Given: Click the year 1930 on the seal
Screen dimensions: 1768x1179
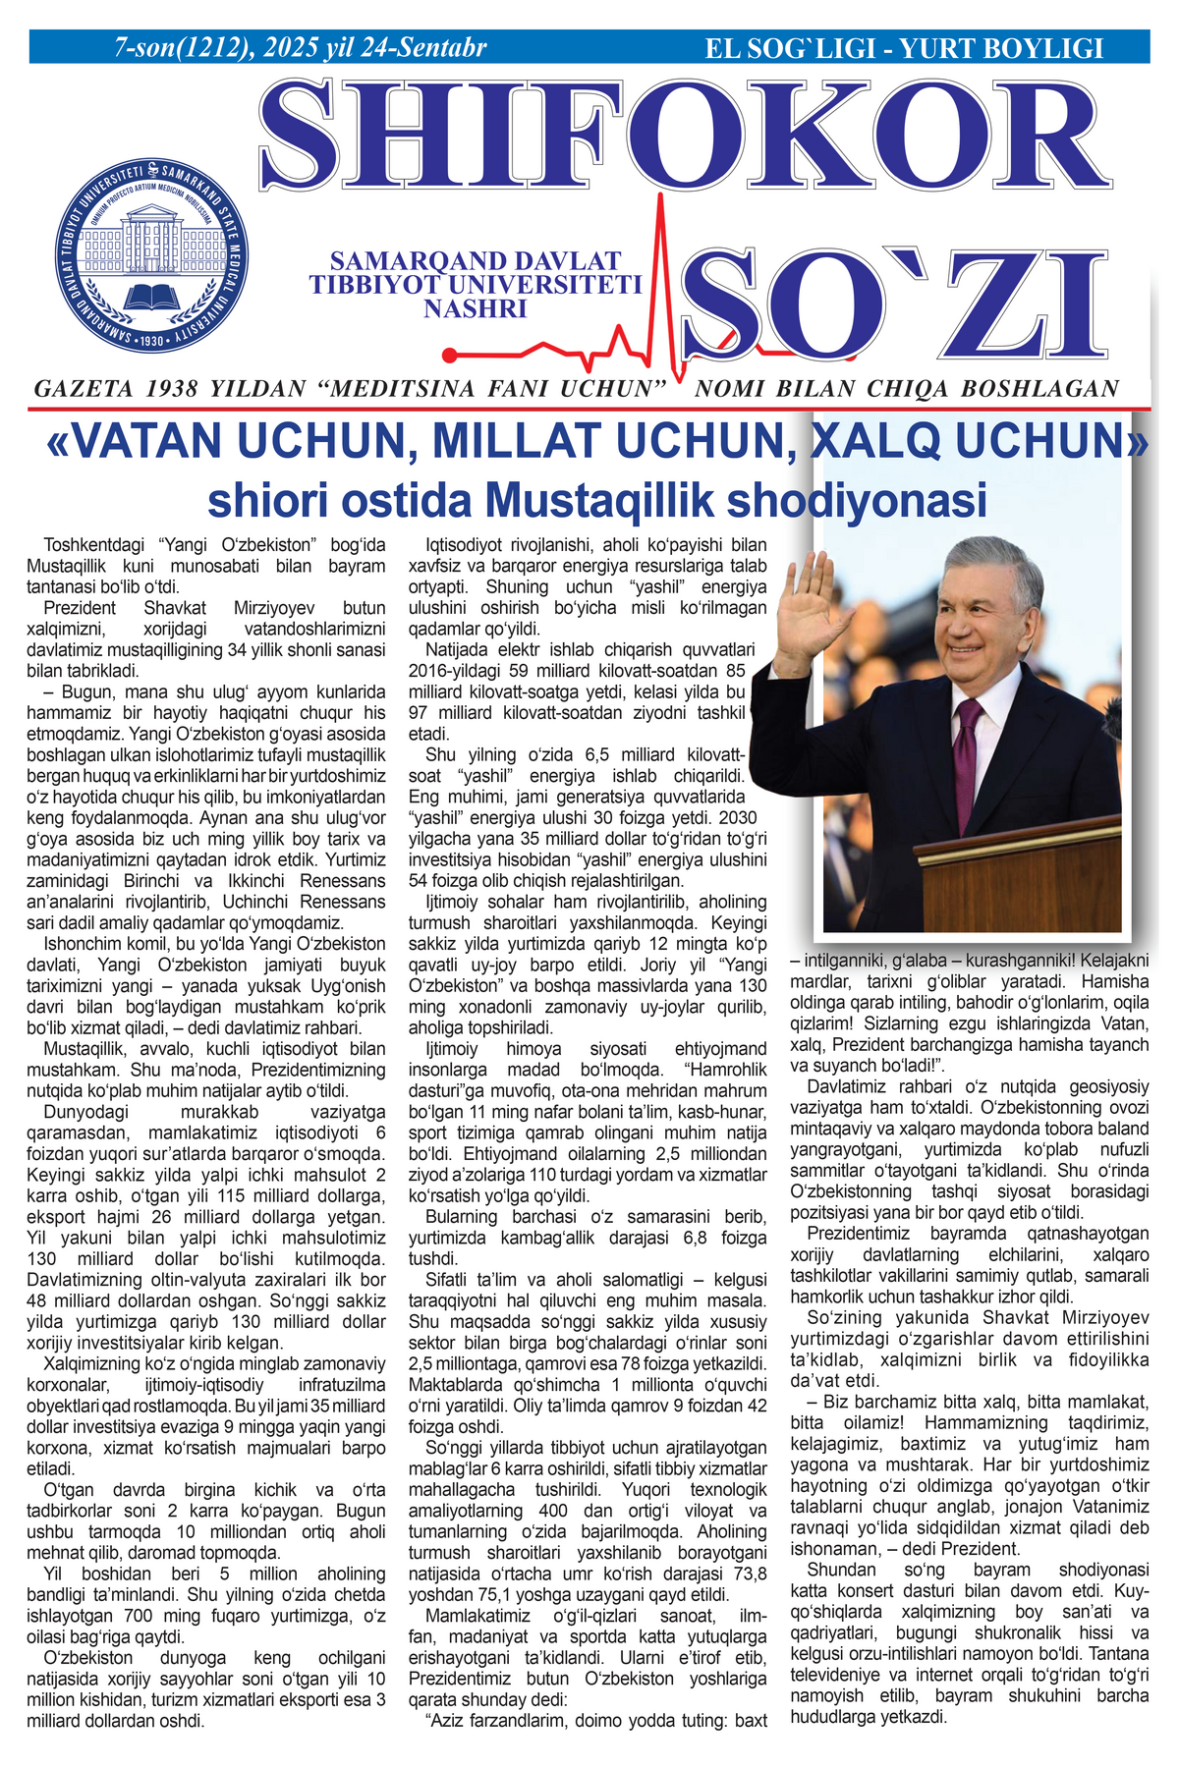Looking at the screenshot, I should (151, 341).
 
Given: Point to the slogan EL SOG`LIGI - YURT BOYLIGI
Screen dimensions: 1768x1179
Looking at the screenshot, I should (904, 48).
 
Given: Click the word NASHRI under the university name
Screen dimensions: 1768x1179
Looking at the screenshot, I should (476, 308).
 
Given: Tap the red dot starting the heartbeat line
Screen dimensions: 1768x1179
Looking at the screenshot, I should (449, 355).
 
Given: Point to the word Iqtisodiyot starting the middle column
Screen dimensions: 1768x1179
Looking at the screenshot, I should (468, 545).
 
